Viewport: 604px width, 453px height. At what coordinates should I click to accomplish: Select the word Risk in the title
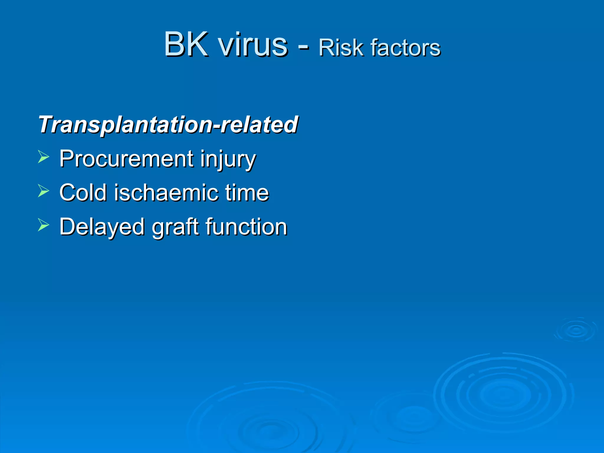tap(340, 48)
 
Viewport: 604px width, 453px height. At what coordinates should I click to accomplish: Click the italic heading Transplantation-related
tap(168, 124)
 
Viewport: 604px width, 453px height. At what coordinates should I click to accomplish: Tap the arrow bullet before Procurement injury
tap(43, 157)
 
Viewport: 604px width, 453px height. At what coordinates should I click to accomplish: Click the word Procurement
tap(126, 159)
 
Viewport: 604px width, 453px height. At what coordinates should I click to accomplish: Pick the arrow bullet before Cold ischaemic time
tap(43, 191)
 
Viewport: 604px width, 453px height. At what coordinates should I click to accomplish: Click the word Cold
tap(83, 193)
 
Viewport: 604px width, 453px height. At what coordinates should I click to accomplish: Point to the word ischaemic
tap(166, 193)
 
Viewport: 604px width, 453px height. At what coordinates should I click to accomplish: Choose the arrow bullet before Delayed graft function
tap(43, 225)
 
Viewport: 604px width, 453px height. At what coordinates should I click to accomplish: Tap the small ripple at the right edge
tap(576, 330)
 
